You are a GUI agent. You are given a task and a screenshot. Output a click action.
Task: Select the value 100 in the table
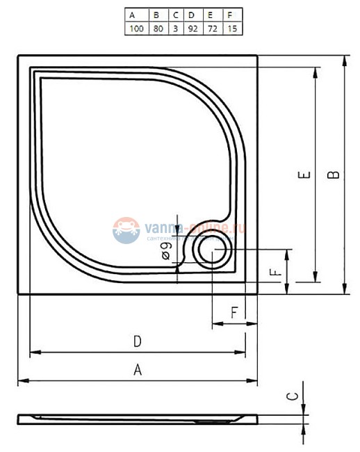136,29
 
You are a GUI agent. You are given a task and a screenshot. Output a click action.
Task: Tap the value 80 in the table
158,29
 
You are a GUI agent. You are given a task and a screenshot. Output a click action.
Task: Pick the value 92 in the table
191,29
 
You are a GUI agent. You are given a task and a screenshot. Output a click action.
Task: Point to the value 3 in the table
175,29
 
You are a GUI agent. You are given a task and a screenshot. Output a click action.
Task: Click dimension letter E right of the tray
304,177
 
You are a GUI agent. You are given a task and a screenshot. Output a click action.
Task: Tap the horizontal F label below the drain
234,312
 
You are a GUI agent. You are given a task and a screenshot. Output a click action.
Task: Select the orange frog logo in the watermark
126,229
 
